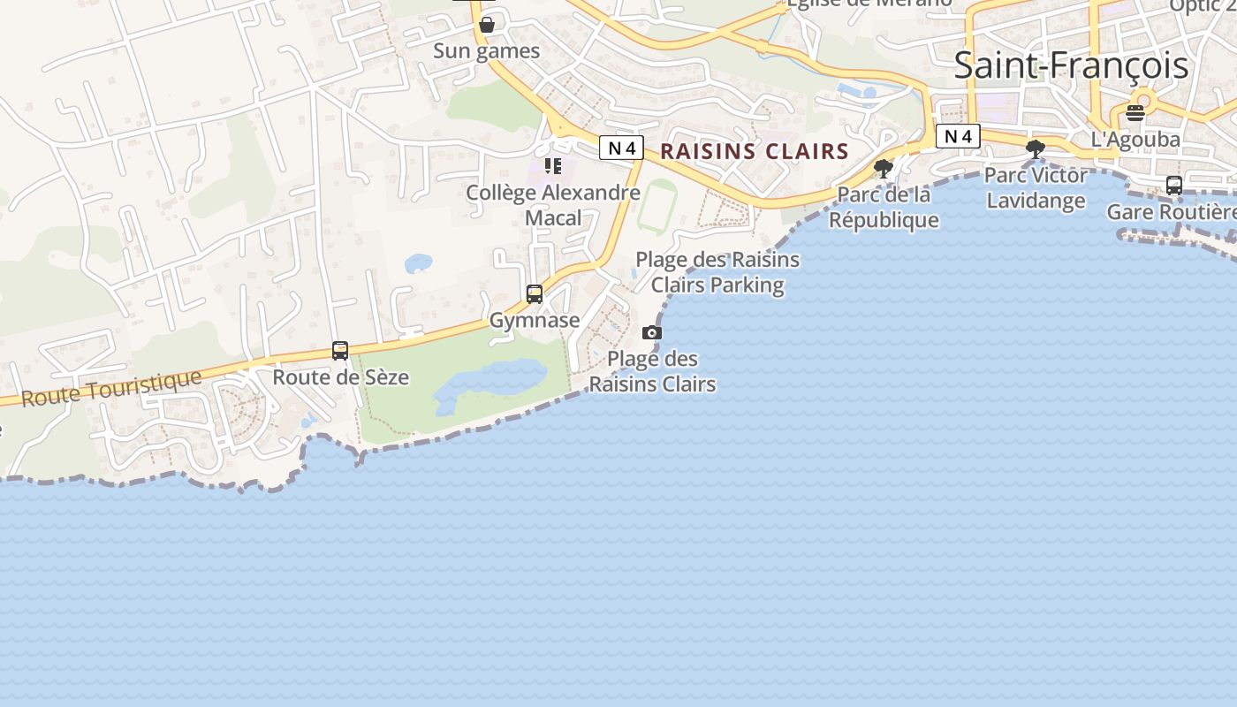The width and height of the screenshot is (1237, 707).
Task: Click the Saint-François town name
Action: (x=1071, y=66)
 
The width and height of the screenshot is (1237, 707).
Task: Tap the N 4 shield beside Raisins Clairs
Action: (x=621, y=148)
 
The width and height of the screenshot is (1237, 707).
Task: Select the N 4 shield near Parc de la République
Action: (x=958, y=136)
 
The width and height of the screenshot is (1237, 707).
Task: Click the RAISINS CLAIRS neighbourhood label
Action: (x=754, y=151)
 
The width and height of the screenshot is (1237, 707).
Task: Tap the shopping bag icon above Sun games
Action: (x=486, y=25)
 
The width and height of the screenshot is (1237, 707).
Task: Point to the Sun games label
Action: (x=486, y=51)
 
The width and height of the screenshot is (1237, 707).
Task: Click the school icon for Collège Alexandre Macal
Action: (x=553, y=166)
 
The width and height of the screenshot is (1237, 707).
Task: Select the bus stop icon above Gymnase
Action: (x=535, y=294)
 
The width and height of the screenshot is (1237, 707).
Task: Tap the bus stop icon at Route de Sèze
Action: (x=340, y=351)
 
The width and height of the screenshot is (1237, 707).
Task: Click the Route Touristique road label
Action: (x=111, y=389)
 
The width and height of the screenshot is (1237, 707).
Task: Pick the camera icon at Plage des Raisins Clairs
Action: (x=652, y=332)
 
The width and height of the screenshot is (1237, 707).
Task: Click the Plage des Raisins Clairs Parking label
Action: (x=717, y=272)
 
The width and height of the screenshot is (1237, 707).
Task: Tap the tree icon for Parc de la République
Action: (x=883, y=168)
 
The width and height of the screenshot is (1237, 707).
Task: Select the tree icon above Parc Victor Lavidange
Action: (x=1035, y=149)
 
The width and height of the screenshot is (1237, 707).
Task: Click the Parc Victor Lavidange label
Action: (x=1036, y=188)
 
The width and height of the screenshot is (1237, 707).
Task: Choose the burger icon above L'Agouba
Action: (x=1135, y=113)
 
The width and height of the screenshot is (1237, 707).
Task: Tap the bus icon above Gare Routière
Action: (x=1174, y=186)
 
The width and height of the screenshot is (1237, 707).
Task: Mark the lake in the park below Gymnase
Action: (x=490, y=383)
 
